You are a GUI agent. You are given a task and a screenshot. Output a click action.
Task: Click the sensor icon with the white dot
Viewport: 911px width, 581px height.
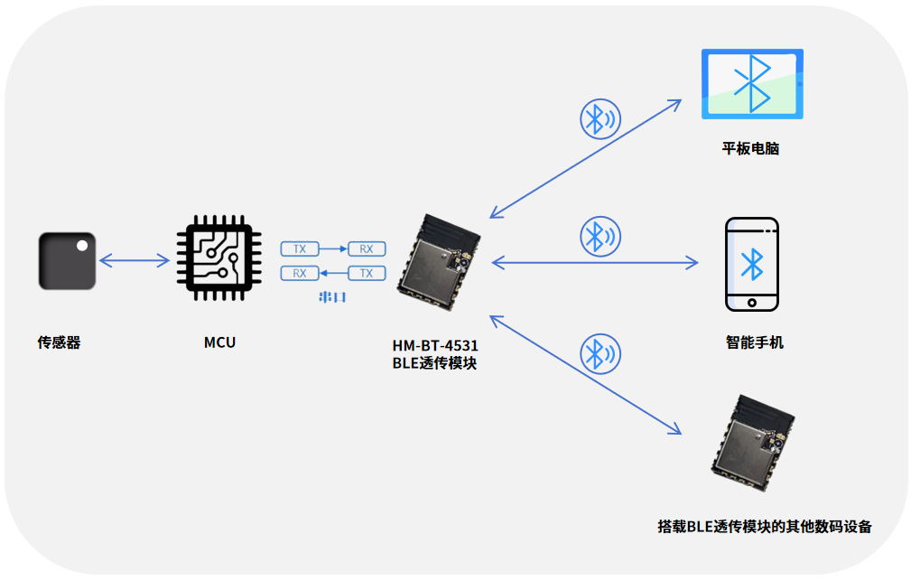(x=68, y=261)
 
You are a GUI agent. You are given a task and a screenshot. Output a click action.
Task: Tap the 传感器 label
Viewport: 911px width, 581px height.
(x=59, y=343)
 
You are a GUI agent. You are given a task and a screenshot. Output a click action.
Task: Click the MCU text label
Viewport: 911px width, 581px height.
(x=219, y=342)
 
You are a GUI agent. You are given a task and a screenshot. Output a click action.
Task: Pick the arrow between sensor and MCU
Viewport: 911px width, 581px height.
(x=135, y=261)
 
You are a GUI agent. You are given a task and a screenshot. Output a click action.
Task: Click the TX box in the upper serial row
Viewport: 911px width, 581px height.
(x=300, y=248)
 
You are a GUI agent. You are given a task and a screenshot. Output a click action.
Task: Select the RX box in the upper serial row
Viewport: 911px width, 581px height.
(x=367, y=248)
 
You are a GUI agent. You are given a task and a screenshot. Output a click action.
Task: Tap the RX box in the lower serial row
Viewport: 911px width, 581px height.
(x=300, y=273)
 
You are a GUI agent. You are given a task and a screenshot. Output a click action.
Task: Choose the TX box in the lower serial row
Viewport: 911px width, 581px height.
(x=367, y=273)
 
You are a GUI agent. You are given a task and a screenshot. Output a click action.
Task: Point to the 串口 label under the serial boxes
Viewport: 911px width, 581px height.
(x=333, y=296)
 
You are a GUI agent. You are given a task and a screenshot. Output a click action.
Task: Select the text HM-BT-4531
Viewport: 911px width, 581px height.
(x=435, y=346)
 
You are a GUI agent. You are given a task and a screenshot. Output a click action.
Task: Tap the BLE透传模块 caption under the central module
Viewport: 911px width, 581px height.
(x=435, y=362)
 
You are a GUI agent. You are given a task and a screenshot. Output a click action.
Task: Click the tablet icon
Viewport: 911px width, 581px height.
(x=752, y=84)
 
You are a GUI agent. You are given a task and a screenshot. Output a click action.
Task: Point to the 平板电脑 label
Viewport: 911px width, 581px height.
(x=750, y=148)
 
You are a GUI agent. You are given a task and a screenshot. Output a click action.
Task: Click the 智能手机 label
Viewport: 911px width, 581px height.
(x=754, y=342)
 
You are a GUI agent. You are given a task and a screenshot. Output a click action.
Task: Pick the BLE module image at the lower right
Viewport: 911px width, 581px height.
(x=751, y=444)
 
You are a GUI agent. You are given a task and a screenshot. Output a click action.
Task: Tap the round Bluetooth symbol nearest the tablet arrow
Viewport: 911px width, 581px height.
(x=600, y=117)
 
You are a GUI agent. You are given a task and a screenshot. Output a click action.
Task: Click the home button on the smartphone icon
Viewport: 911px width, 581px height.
(x=751, y=302)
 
